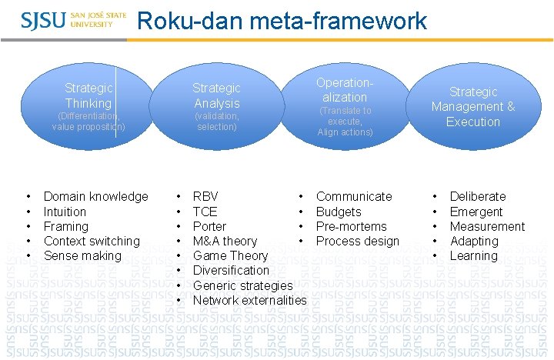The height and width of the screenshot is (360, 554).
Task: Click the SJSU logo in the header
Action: click(x=68, y=19)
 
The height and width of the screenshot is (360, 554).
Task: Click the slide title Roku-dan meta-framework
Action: click(x=282, y=21)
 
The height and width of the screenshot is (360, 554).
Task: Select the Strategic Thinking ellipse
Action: click(x=88, y=106)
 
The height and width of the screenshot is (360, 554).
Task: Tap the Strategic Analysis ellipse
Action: click(x=216, y=106)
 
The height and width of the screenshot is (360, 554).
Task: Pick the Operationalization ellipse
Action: click(x=344, y=106)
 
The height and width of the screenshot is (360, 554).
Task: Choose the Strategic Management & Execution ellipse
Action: click(x=472, y=106)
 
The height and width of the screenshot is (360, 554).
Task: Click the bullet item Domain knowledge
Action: click(x=95, y=197)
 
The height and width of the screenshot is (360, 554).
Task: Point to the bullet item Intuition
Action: click(x=65, y=212)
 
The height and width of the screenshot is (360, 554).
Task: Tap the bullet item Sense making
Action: click(x=82, y=255)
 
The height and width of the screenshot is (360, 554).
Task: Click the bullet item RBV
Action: click(x=205, y=197)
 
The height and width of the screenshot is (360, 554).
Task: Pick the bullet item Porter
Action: click(x=209, y=226)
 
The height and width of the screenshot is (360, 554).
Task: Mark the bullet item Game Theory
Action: click(x=230, y=255)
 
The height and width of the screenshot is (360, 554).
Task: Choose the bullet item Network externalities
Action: click(x=249, y=300)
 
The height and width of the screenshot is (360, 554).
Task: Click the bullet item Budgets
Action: click(x=339, y=212)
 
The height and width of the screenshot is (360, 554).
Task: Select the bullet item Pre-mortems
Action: click(x=352, y=226)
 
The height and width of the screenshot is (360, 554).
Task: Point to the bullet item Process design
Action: click(x=358, y=241)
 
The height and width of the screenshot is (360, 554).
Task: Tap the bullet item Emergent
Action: click(x=476, y=212)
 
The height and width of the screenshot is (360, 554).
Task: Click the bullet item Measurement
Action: click(x=487, y=226)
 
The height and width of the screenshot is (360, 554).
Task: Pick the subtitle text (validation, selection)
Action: click(x=216, y=121)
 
